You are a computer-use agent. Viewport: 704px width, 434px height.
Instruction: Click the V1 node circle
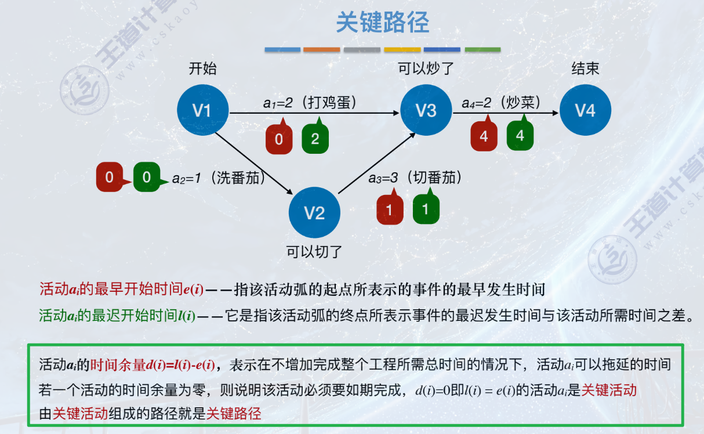[x=202, y=110]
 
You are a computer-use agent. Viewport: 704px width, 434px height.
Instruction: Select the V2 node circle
[x=314, y=213]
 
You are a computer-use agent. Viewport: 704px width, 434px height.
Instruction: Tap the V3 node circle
[x=426, y=110]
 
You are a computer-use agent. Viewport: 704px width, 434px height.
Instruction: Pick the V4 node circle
[x=585, y=110]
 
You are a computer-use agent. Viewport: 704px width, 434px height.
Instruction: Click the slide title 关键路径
[x=383, y=23]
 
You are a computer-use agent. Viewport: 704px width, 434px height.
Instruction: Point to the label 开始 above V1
[x=202, y=69]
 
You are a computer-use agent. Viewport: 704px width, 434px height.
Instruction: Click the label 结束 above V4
[x=585, y=69]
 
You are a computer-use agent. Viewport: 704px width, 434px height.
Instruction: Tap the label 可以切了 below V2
[x=314, y=252]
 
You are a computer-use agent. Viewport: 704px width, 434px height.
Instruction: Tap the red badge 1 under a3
[x=390, y=209]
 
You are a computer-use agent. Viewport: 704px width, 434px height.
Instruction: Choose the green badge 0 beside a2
[x=147, y=177]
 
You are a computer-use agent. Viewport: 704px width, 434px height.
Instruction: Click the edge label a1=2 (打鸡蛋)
[x=310, y=103]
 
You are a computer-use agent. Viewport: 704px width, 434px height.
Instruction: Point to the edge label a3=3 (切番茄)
[x=415, y=178]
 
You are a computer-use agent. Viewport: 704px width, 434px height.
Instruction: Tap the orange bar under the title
[x=321, y=50]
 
